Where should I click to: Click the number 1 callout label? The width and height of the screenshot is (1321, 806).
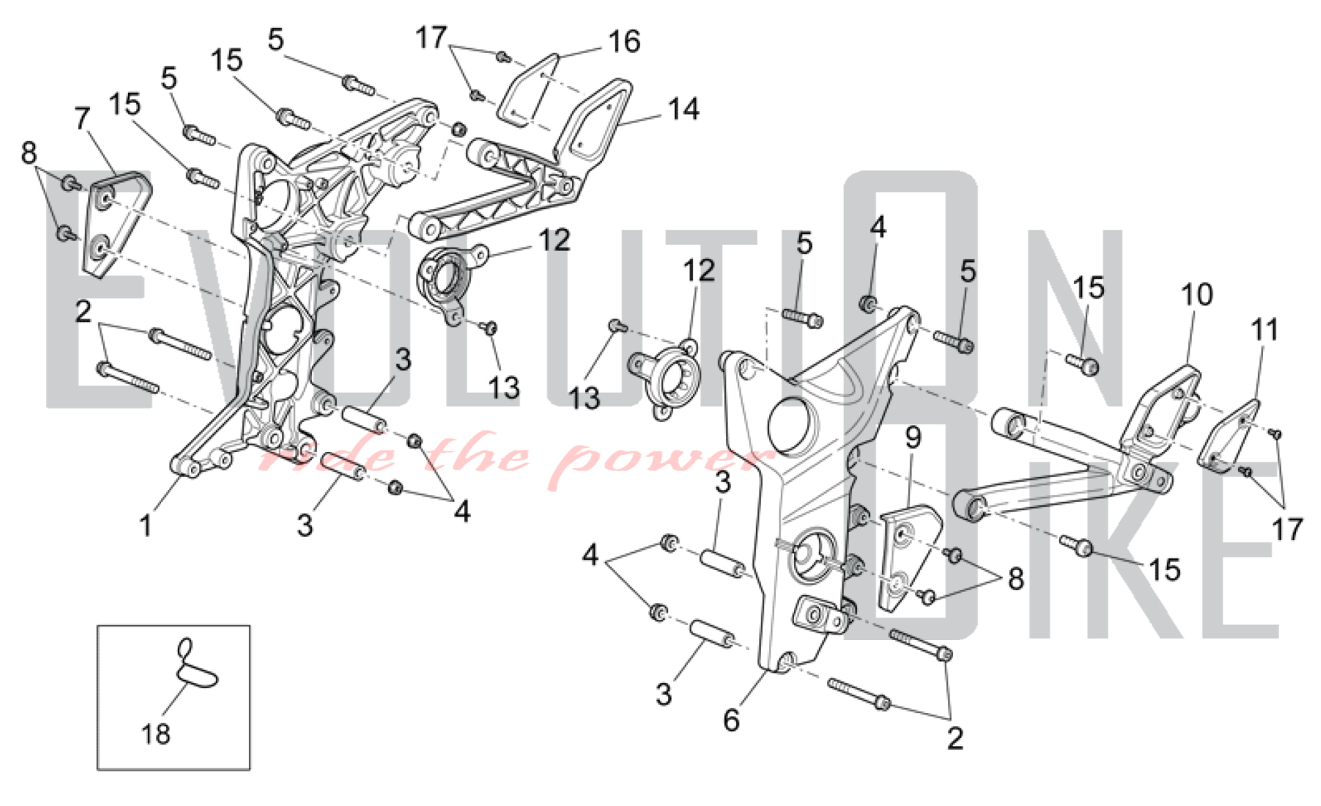[x=146, y=527]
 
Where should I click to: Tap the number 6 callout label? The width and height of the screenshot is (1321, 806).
[x=731, y=720]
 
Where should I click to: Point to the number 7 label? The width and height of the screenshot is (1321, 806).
[x=82, y=119]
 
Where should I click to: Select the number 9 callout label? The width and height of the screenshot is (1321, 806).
[x=913, y=437]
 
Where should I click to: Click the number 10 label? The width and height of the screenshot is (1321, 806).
[x=1197, y=295]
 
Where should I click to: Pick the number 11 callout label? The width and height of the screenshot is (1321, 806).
[x=1265, y=330]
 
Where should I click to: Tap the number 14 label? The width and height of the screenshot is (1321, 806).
[x=684, y=109]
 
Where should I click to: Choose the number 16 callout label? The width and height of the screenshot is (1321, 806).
[x=624, y=42]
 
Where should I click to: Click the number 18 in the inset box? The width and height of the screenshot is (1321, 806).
[x=156, y=733]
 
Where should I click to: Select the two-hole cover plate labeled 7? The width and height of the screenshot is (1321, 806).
[x=116, y=221]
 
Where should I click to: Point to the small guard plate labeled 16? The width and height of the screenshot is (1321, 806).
[x=528, y=89]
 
